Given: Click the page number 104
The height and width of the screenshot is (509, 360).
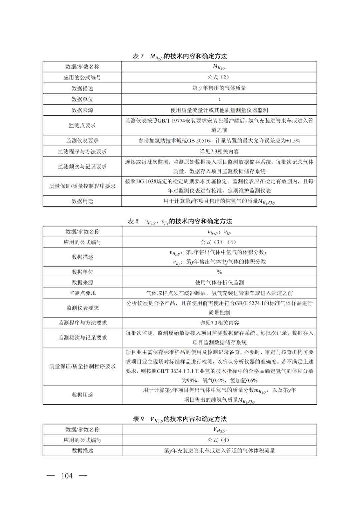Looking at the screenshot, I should [67, 476].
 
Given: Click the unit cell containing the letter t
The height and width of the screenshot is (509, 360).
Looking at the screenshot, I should [219, 99].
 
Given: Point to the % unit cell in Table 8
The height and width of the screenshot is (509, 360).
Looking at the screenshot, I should [219, 272].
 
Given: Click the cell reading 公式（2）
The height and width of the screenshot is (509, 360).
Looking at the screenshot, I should [219, 77].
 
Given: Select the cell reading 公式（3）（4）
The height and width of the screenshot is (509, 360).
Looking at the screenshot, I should [219, 242].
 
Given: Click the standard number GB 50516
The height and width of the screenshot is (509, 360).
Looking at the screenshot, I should [198, 141].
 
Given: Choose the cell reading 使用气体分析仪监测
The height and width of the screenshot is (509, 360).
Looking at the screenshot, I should [219, 283].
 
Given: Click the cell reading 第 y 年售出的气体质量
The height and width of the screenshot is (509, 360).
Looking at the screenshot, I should [219, 88].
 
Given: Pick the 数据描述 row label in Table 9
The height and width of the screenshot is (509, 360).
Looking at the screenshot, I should [82, 451].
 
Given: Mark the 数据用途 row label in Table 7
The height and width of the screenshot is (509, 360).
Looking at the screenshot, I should [82, 201].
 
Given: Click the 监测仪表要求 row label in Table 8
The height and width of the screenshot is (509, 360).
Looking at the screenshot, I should [82, 308].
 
